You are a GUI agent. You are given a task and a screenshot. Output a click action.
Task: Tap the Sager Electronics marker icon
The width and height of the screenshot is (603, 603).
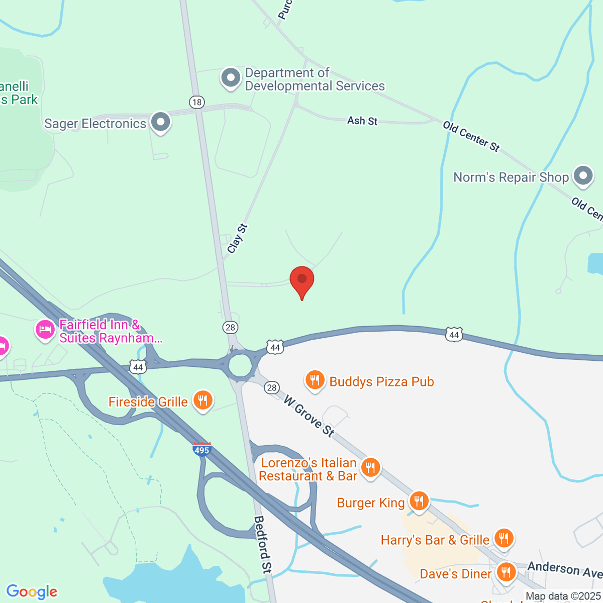(x=161, y=122)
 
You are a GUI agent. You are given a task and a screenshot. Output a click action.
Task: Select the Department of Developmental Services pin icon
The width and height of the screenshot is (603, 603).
(x=231, y=78)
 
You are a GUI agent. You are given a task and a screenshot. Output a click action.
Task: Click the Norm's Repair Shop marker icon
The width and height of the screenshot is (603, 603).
(x=583, y=176)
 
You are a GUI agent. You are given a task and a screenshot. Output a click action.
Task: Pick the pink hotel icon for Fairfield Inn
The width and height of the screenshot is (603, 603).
(x=45, y=330)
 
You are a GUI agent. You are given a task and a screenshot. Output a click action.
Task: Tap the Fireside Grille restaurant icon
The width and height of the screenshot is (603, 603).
(x=203, y=400)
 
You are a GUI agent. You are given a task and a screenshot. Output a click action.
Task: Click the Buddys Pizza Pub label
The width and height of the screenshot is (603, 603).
(x=381, y=382)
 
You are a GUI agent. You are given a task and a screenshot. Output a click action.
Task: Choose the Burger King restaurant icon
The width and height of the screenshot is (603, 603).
(x=418, y=501)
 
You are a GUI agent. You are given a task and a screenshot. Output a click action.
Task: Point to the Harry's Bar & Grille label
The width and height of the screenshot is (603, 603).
(x=435, y=540)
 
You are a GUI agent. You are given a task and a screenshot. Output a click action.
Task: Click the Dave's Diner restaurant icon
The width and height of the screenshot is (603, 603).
(x=506, y=572)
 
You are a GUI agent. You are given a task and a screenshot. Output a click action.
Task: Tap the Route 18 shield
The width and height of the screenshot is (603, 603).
(x=196, y=103)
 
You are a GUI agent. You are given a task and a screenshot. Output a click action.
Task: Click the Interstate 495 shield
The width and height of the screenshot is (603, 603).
(x=202, y=449)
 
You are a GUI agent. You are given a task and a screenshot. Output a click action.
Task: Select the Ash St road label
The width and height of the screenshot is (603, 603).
(x=362, y=121)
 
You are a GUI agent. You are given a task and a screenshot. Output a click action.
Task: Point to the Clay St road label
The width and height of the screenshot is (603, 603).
(x=237, y=239)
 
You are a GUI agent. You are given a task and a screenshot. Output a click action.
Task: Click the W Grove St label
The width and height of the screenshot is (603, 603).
(x=309, y=417)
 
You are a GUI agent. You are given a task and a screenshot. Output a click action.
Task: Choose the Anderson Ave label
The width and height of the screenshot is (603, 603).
(x=564, y=569)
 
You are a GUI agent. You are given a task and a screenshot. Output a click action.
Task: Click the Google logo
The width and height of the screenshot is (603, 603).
(x=32, y=592)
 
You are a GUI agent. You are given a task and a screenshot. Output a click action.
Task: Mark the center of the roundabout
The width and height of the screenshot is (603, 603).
(x=240, y=365)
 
